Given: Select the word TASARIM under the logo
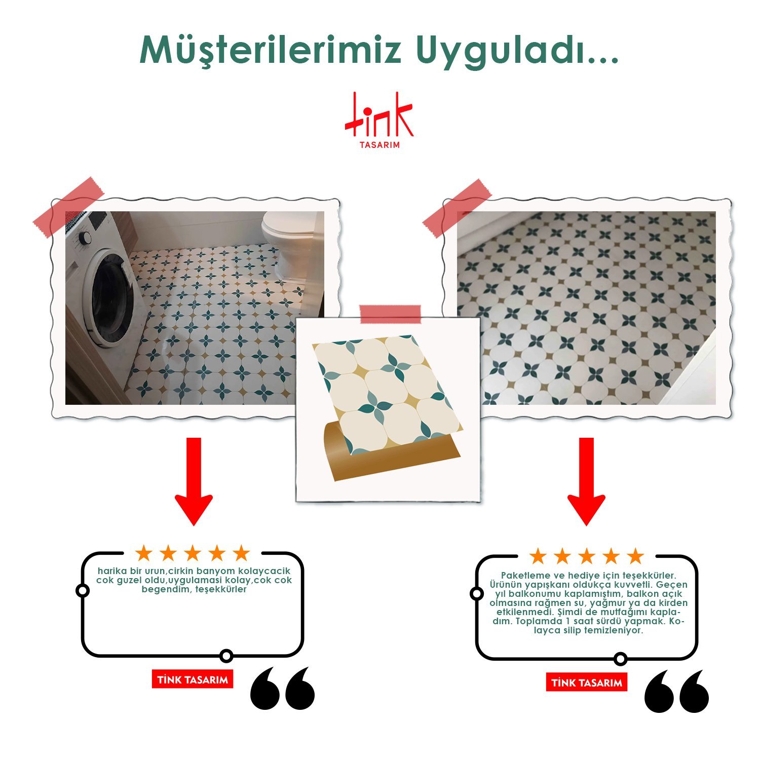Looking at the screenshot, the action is pyautogui.click(x=379, y=145).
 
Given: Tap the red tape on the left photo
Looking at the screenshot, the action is pyautogui.click(x=68, y=207).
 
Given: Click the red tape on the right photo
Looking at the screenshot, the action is pyautogui.click(x=457, y=208).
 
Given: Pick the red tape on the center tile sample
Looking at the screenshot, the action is pyautogui.click(x=390, y=314).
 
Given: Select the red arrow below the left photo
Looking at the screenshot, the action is pyautogui.click(x=194, y=481).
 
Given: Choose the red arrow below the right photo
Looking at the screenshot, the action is pyautogui.click(x=586, y=481).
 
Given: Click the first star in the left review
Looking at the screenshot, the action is pyautogui.click(x=144, y=553).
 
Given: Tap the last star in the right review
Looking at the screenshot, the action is pyautogui.click(x=635, y=556).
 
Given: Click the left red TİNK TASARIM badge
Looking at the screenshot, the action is pyautogui.click(x=193, y=679).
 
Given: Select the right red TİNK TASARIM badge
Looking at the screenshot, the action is pyautogui.click(x=587, y=682).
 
